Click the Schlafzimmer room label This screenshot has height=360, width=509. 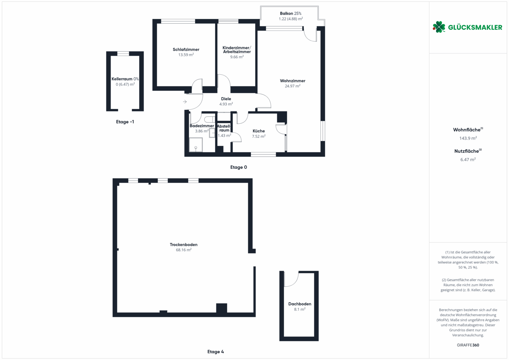click(186, 49)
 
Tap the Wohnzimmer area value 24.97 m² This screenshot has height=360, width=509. click(292, 86)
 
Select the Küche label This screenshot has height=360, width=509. click(259, 131)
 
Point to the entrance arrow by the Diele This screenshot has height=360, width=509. click(185, 102)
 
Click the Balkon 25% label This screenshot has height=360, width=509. click(291, 13)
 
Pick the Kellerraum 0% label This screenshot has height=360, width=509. click(125, 79)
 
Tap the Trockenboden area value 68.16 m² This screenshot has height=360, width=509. click(184, 250)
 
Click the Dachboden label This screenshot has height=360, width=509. click(300, 304)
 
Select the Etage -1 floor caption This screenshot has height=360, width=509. click(125, 122)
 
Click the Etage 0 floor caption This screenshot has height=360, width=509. click(239, 167)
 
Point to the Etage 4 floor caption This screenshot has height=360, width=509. click(215, 352)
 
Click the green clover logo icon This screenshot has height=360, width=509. click(439, 27)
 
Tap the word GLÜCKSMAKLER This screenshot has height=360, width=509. click(475, 27)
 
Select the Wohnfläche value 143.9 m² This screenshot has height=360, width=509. click(468, 138)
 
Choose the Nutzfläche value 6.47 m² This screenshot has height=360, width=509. click(468, 160)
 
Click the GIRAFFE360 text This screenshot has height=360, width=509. click(468, 345)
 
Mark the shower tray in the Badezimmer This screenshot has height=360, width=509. click(196, 145)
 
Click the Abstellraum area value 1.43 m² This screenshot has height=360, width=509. click(224, 135)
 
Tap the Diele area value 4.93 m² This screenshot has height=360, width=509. click(226, 104)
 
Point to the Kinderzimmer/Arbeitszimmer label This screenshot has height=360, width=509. click(237, 50)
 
